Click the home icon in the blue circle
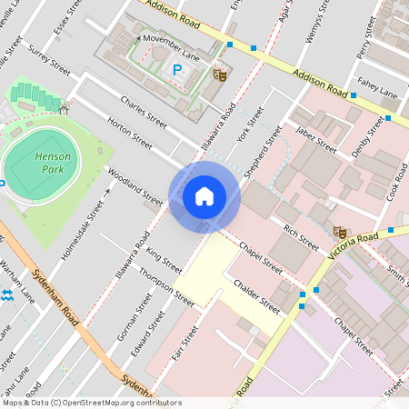click(x=204, y=196)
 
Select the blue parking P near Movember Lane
click(x=178, y=68)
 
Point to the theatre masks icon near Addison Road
click(x=218, y=74)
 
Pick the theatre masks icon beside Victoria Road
click(x=340, y=232)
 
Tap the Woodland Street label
click(x=133, y=185)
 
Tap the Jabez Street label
click(x=315, y=141)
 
